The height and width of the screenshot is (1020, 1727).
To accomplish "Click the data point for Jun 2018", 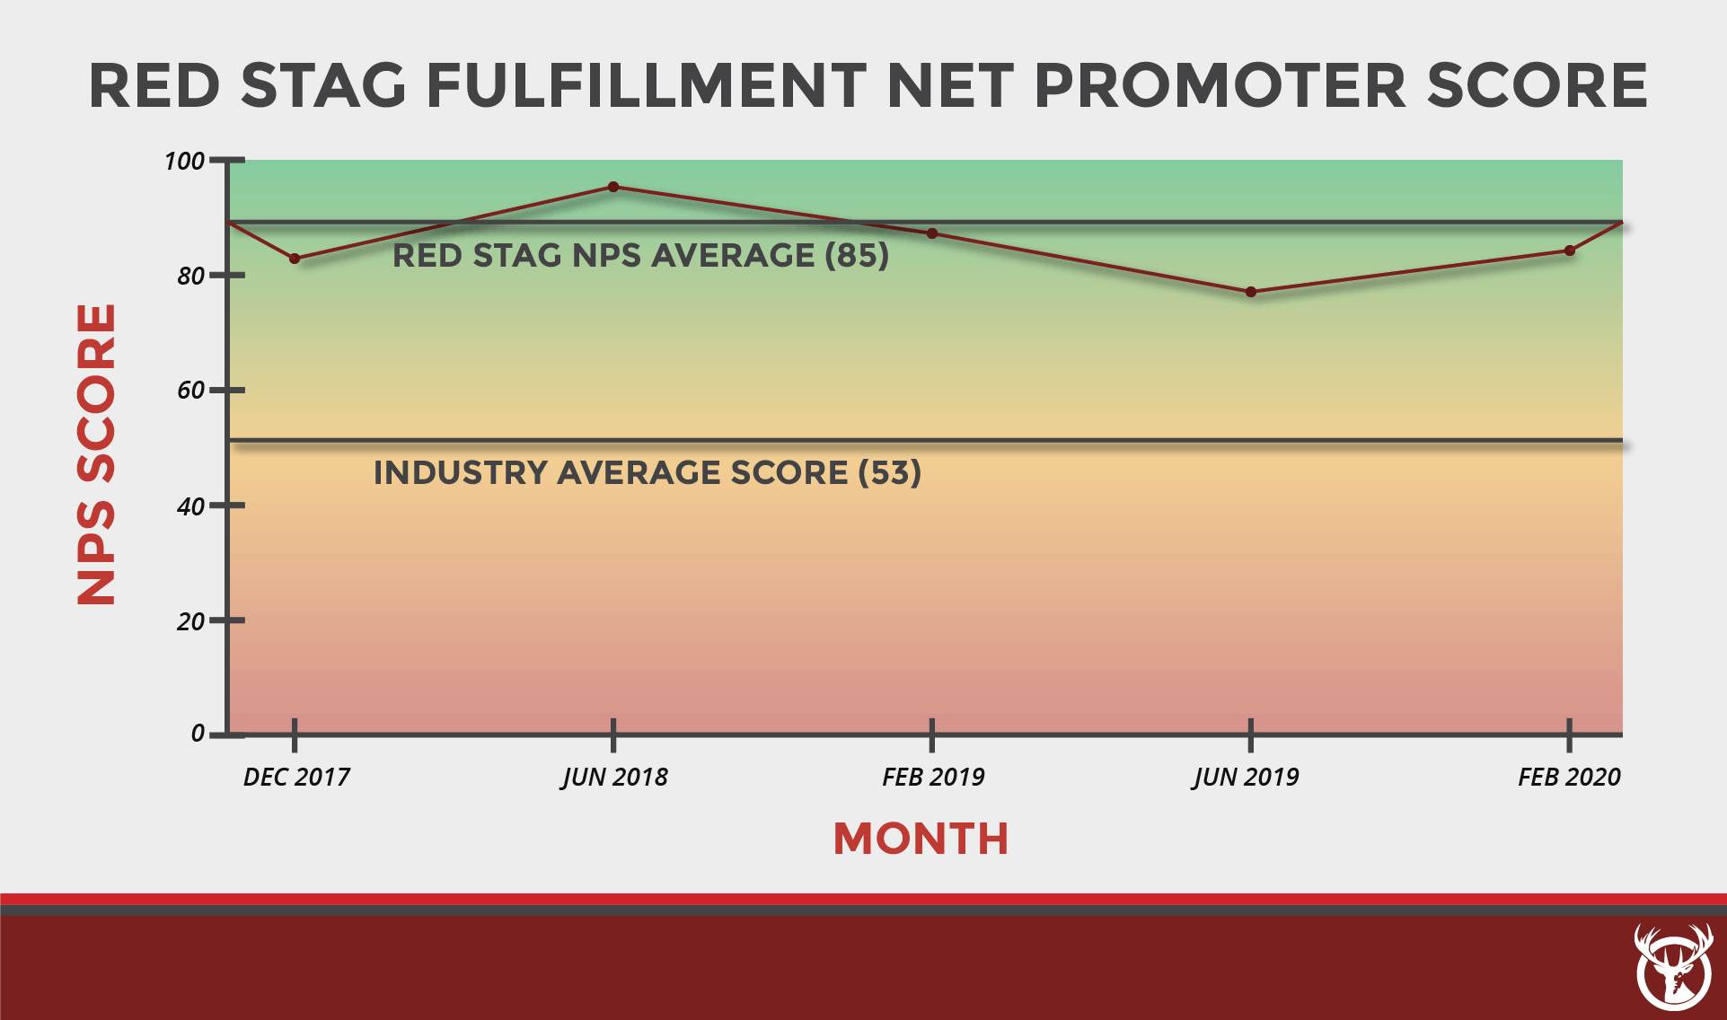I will pos(613,187).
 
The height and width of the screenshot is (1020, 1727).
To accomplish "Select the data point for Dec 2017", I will pos(295,259).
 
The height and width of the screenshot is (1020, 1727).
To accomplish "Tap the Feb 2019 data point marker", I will pos(932,233).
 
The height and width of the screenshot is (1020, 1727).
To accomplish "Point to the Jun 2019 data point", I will pos(1251,292).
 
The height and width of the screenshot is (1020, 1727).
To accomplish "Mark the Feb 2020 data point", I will pos(1570,251).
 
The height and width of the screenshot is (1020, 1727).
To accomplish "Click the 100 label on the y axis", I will pos(184,162).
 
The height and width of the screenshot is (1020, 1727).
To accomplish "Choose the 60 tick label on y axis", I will pos(190,391).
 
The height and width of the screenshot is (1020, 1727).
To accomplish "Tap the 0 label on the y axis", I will pos(198,734).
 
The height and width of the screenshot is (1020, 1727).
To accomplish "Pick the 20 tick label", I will pos(190,621).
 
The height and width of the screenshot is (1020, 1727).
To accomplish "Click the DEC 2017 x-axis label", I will pos(296,777).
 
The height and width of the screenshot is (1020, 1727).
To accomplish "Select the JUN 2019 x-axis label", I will pos(1246,777).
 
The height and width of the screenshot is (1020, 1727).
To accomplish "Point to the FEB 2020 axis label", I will pos(1569,777).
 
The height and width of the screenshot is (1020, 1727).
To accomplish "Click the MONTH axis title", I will pos(921,839).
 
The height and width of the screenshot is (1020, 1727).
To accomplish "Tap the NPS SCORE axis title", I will pos(96,453).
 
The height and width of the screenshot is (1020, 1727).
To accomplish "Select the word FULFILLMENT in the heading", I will pos(645,86).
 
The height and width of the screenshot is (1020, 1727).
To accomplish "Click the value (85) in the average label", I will pos(857,256).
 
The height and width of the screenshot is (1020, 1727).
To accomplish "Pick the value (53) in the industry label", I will pos(889,472).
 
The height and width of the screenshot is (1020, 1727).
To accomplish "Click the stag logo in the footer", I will pos(1673,968).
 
